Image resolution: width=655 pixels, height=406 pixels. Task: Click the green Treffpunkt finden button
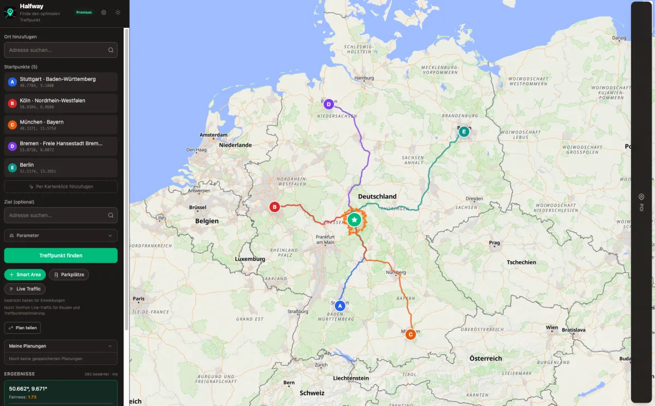[61, 255]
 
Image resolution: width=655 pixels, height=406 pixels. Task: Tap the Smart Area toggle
[25, 274]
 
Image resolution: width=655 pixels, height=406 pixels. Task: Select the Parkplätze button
[69, 274]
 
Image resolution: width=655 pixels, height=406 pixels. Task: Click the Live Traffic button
[25, 289]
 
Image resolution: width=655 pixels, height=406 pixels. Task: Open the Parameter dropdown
[61, 236]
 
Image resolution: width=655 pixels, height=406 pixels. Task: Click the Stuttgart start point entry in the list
[61, 82]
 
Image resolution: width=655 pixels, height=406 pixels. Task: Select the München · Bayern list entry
[61, 125]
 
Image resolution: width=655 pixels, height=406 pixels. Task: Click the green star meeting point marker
[354, 220]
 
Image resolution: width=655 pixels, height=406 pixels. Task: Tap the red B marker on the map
[275, 207]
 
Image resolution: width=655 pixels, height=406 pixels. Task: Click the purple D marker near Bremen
[328, 104]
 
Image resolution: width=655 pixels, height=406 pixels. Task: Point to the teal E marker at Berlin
[464, 132]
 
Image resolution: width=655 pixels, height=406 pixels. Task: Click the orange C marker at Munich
[410, 334]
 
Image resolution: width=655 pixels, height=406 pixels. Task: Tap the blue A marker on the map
[340, 305]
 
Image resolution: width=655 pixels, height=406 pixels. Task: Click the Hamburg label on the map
[364, 78]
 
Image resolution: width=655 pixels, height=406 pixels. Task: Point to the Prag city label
[495, 243]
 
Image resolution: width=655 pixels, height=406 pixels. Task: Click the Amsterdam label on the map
[213, 135]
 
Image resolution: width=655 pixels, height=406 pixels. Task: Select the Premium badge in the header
[84, 12]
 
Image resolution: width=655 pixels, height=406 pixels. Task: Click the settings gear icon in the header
[104, 12]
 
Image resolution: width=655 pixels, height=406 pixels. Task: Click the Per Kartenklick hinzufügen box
[61, 186]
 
